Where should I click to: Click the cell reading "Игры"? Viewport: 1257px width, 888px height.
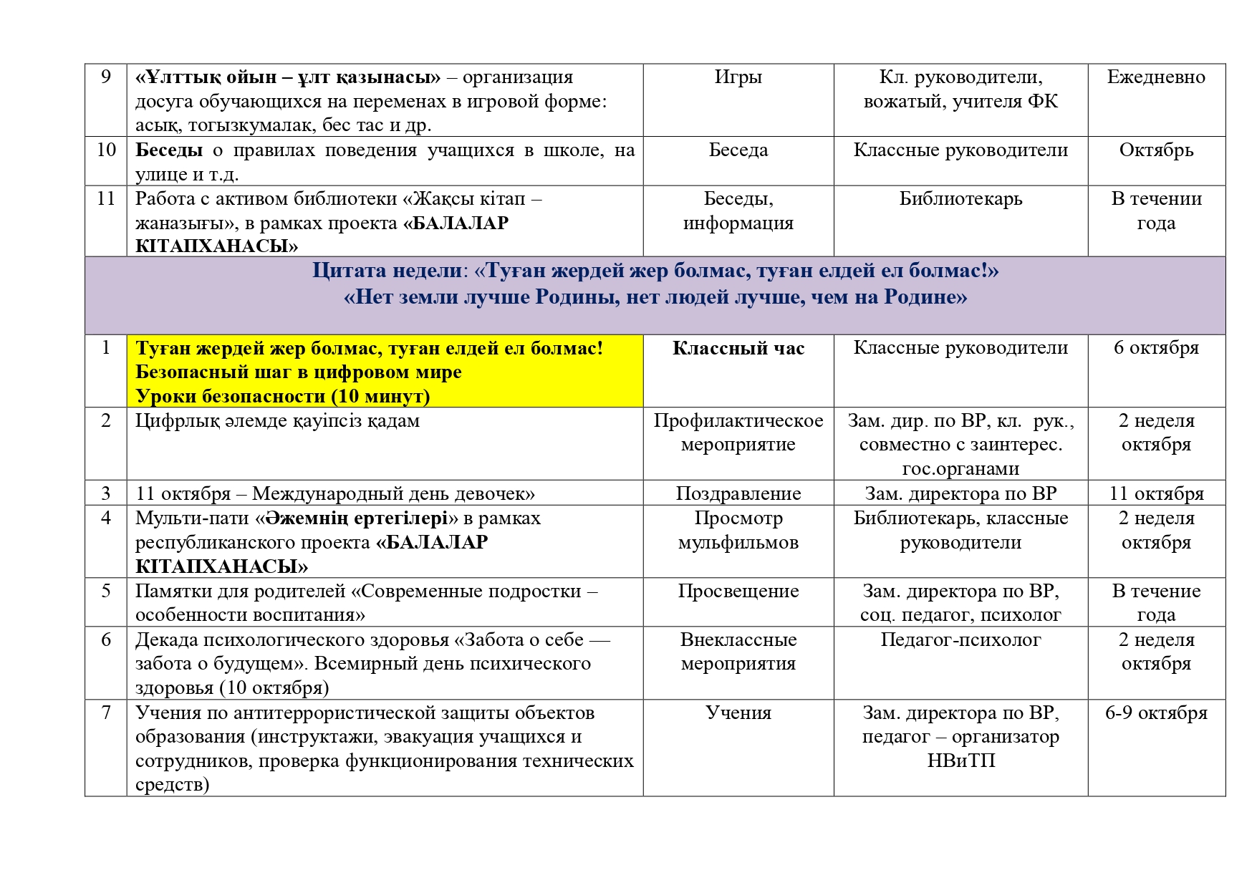point(738,77)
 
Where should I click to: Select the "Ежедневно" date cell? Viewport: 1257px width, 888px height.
point(1156,77)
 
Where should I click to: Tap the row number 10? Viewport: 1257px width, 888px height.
point(106,150)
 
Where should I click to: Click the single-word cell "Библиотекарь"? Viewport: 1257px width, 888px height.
point(960,199)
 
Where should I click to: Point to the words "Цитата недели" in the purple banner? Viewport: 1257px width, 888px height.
point(387,271)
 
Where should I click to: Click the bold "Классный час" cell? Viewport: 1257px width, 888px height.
point(738,348)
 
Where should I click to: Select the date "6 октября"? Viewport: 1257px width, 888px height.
point(1156,348)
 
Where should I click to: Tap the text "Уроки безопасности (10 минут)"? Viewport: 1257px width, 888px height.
point(283,396)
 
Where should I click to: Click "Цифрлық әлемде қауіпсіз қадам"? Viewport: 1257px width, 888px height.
point(277,421)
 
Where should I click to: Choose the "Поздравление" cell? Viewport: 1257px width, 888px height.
point(738,493)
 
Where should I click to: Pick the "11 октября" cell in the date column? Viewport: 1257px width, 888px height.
point(1156,493)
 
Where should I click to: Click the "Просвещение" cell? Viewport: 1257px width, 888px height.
point(738,592)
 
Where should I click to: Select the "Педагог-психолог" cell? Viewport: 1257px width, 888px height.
point(960,640)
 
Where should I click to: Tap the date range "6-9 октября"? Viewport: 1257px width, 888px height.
point(1156,713)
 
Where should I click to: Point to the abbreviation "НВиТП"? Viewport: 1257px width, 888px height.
point(960,761)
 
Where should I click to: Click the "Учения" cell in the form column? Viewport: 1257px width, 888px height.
point(738,713)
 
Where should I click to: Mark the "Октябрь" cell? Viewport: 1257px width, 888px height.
point(1156,150)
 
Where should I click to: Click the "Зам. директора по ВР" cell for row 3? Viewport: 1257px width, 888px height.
point(960,493)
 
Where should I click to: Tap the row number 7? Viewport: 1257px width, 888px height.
point(106,713)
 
